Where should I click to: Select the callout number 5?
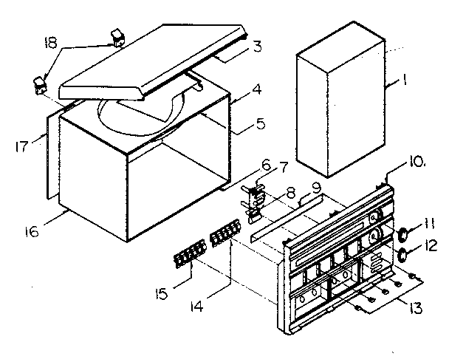click(241, 124)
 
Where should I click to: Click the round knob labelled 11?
click(404, 235)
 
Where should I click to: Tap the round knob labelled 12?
click(404, 256)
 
